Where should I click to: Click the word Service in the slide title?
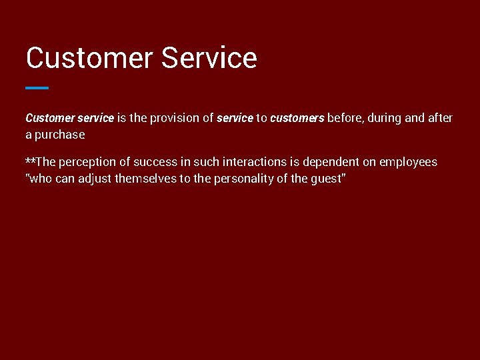tap(209, 58)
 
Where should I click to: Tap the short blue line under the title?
tap(37, 87)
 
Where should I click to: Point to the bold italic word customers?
tap(297, 118)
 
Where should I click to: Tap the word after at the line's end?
tap(440, 118)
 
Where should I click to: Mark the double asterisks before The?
tap(31, 161)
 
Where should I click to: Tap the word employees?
tap(408, 162)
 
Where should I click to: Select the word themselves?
tap(145, 179)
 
